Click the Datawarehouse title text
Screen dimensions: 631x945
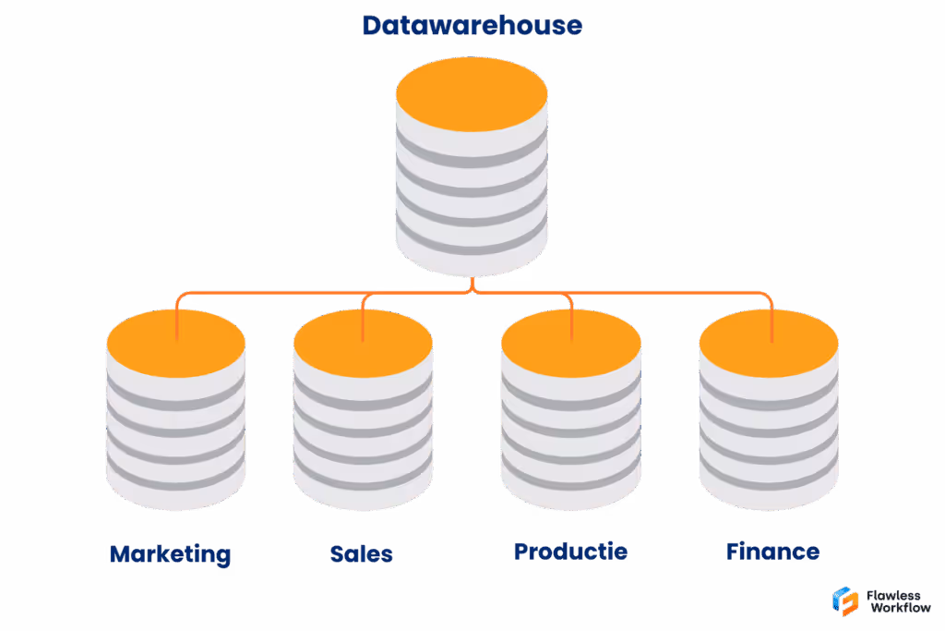click(472, 25)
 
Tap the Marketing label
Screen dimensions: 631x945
click(170, 554)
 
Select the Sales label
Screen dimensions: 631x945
click(362, 554)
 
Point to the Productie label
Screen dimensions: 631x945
click(570, 552)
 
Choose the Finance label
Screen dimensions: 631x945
click(772, 552)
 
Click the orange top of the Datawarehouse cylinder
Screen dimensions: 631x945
click(472, 92)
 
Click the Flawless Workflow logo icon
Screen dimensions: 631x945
click(845, 601)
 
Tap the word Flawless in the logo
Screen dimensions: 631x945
click(893, 595)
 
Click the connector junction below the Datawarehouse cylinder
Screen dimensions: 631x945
click(472, 289)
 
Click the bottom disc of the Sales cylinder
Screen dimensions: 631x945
click(362, 489)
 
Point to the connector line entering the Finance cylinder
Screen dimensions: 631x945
click(772, 319)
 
